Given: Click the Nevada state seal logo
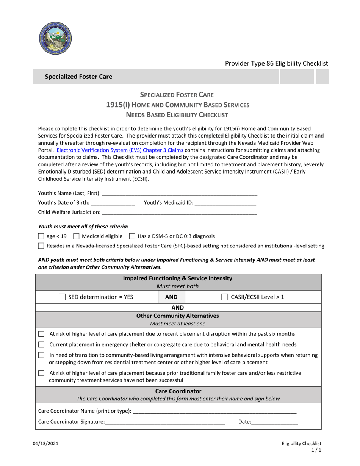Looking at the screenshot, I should tap(55, 38).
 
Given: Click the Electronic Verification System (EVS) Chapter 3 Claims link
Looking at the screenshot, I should tap(120, 150).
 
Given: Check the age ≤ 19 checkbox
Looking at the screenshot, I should tap(41, 236).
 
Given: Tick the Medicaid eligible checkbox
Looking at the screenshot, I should tap(76, 236).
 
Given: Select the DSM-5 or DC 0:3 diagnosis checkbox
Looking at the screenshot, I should tap(132, 236).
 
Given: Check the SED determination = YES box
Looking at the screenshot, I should tap(62, 297).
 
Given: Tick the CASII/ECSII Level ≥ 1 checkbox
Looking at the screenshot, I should tap(225, 297).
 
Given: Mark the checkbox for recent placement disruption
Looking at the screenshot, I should tap(42, 334).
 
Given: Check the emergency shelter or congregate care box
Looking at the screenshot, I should tap(42, 345).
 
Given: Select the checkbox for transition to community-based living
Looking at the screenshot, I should tap(42, 355).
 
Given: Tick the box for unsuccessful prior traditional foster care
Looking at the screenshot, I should tap(42, 374).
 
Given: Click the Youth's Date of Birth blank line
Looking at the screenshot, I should tap(113, 203).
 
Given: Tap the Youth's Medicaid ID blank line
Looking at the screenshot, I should tap(225, 203).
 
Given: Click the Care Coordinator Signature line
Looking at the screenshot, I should tap(165, 422).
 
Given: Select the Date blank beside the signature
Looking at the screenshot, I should tap(274, 422).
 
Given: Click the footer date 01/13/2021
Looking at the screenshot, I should tap(48, 443).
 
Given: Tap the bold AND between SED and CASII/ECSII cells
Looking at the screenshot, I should tap(172, 297).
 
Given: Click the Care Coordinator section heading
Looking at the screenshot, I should tap(178, 391).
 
